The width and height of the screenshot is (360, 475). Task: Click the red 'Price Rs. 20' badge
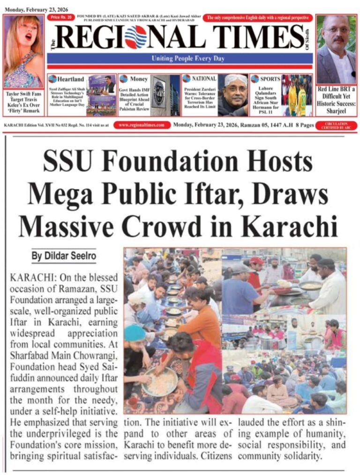[60, 17]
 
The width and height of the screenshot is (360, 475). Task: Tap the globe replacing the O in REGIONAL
[136, 37]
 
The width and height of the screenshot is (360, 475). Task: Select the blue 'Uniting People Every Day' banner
[187, 59]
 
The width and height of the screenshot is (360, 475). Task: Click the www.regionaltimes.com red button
[142, 125]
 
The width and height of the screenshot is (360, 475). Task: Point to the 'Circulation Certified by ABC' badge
[334, 125]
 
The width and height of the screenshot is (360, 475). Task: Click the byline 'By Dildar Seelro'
[64, 256]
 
